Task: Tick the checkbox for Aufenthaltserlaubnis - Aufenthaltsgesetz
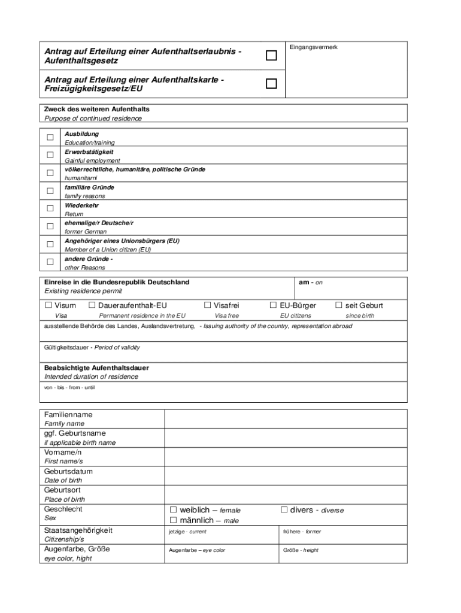pos(272,56)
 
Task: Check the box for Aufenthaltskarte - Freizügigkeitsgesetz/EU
pos(272,84)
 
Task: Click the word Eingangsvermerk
pos(313,47)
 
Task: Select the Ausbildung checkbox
pos(50,138)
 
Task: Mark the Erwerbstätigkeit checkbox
pos(50,156)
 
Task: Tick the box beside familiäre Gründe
pos(50,191)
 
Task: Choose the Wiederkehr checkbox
pos(50,209)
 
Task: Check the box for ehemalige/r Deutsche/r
pos(50,226)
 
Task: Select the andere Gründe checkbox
pos(50,262)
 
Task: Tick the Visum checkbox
pos(48,305)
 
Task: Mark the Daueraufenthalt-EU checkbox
pos(92,305)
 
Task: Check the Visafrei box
pos(208,305)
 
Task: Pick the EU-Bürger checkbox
pos(273,305)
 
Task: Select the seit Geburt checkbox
pos(339,305)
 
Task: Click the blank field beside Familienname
pos(286,419)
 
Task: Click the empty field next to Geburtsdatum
pos(286,476)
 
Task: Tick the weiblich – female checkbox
pos(174,510)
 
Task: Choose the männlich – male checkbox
pos(174,520)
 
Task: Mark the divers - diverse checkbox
pos(284,510)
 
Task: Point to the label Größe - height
pos(301,550)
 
